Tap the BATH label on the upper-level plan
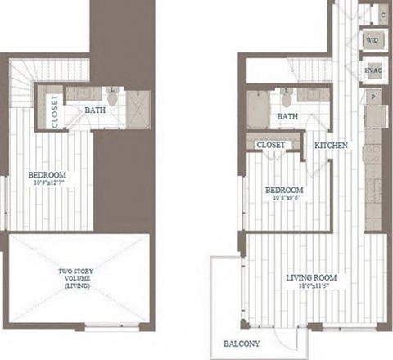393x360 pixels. [x=96, y=110]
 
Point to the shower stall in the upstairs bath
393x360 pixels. [x=138, y=107]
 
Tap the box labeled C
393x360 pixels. [x=382, y=16]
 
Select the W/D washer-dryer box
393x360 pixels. [x=373, y=39]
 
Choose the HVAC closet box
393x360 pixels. [x=373, y=70]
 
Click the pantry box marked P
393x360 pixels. [x=373, y=97]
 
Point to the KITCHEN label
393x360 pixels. [x=332, y=145]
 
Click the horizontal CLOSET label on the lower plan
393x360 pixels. [x=271, y=145]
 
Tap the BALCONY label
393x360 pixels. [x=243, y=344]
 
